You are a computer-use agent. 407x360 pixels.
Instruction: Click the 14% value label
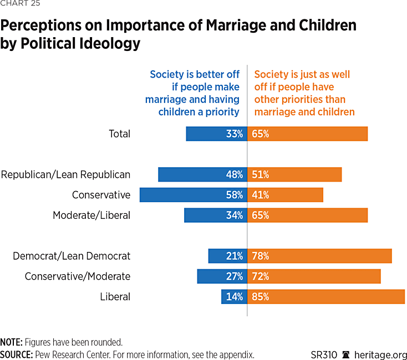[235, 297]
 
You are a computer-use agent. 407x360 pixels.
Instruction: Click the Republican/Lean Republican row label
[65, 174]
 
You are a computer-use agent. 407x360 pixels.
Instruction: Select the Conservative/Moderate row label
[78, 276]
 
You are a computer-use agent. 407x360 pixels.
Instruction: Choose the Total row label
[120, 134]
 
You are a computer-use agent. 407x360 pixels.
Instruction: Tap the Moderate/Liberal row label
[91, 215]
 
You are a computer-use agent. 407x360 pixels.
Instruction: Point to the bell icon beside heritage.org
[346, 355]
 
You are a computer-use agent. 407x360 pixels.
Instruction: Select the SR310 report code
[323, 355]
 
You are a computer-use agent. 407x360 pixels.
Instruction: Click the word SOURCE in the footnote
[16, 355]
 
